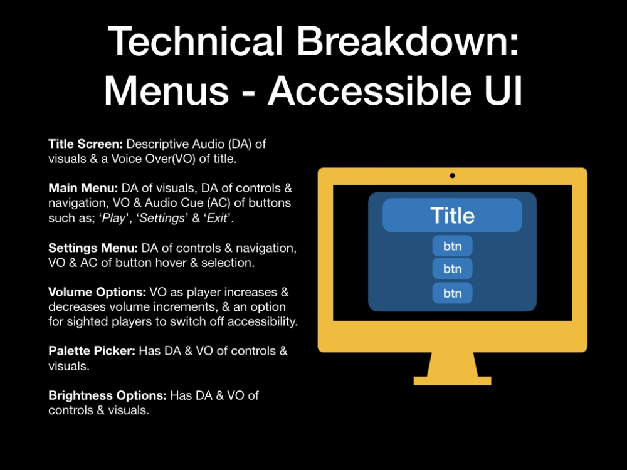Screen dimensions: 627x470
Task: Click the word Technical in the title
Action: point(196,41)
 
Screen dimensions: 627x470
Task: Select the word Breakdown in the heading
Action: point(408,41)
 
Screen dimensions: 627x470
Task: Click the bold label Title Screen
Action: point(85,144)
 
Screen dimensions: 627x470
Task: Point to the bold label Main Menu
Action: point(83,188)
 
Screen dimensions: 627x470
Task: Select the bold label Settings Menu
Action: point(93,248)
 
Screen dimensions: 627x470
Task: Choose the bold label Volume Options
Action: point(97,292)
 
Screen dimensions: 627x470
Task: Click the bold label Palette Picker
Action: point(92,351)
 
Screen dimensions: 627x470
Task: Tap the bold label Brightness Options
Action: point(108,395)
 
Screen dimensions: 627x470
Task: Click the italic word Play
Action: point(114,218)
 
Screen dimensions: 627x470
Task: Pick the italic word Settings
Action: point(162,218)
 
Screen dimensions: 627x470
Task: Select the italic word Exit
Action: point(217,218)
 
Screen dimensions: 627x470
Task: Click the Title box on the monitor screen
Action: point(452,216)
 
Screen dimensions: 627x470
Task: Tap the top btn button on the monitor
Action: point(452,246)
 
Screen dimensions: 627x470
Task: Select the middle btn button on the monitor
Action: point(452,269)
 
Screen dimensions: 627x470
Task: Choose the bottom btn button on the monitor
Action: point(452,293)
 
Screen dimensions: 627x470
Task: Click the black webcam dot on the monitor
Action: point(452,175)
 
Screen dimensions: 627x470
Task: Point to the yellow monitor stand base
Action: point(452,380)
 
